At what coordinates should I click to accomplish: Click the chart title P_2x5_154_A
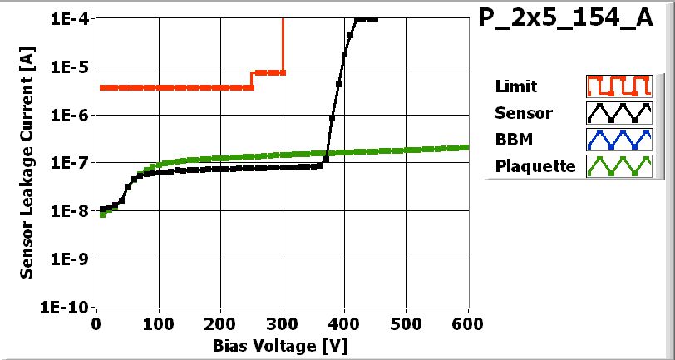tap(566, 19)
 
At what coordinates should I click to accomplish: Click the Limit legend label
tap(515, 86)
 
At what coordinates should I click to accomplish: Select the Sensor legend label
tap(523, 112)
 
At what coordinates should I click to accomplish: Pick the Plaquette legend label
tap(535, 165)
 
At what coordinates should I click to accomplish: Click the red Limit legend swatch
tap(616, 86)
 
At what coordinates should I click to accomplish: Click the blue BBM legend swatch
tap(616, 139)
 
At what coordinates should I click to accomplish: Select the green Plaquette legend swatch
tap(616, 165)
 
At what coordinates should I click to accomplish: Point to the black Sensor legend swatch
tap(616, 112)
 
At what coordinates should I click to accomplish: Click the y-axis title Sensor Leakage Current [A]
tap(27, 163)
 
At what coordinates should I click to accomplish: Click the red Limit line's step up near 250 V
tap(252, 80)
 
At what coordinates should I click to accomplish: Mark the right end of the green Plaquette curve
tap(467, 147)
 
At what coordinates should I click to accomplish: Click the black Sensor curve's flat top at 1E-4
tap(366, 19)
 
